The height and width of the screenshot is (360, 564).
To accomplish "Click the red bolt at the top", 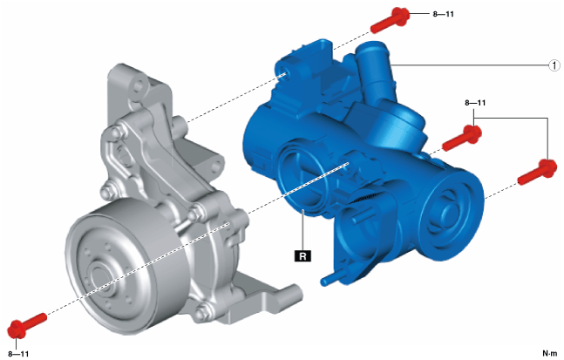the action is pyautogui.click(x=391, y=20).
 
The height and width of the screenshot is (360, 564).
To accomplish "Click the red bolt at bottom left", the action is pyautogui.click(x=27, y=326).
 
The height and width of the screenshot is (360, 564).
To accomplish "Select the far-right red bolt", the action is pyautogui.click(x=538, y=173).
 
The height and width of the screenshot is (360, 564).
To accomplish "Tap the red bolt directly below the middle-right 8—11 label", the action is pyautogui.click(x=462, y=138).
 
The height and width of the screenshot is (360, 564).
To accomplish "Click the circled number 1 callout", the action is pyautogui.click(x=554, y=65).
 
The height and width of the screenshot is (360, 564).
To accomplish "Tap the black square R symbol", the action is pyautogui.click(x=302, y=256).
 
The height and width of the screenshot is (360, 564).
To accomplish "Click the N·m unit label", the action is pyautogui.click(x=549, y=354).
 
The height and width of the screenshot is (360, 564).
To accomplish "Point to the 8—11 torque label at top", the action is pyautogui.click(x=443, y=15).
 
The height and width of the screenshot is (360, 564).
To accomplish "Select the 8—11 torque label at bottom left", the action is pyautogui.click(x=18, y=354).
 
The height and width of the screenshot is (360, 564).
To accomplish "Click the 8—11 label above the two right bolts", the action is pyautogui.click(x=475, y=103).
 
